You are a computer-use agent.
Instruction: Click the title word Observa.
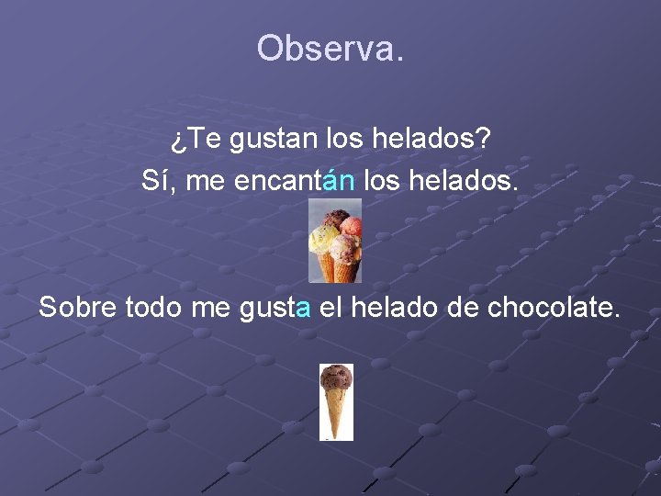tap(330, 48)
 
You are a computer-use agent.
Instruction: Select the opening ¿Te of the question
tap(195, 141)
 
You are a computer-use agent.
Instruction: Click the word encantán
tap(295, 180)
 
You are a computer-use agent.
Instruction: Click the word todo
tap(153, 308)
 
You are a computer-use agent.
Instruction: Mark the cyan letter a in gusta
tap(304, 310)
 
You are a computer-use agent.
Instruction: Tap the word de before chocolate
tap(463, 308)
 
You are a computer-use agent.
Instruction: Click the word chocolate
tap(554, 308)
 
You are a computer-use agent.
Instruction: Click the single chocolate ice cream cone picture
tap(335, 401)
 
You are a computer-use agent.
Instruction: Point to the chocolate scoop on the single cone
tap(336, 377)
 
